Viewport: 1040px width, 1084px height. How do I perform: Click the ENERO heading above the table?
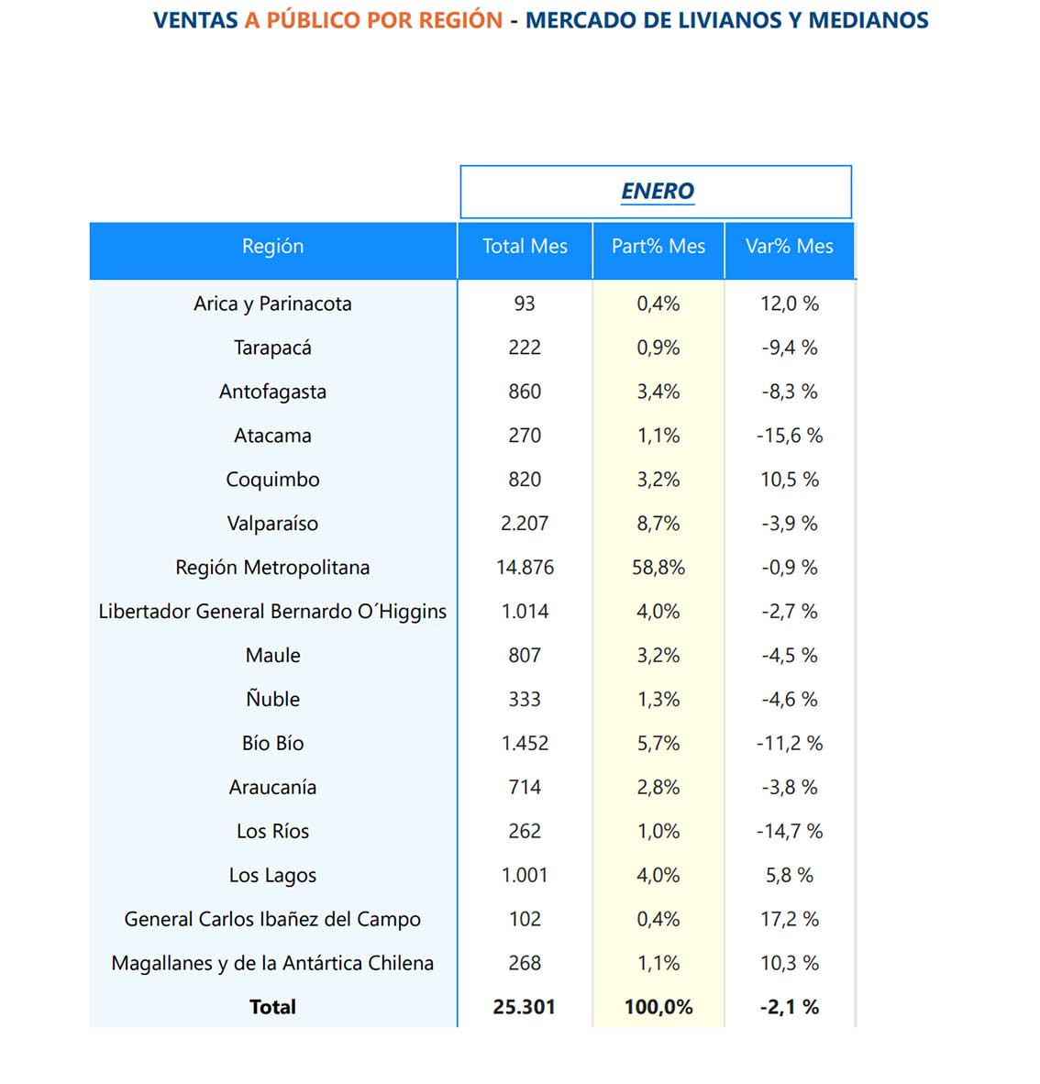pyautogui.click(x=658, y=191)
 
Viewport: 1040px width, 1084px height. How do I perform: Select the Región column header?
pyautogui.click(x=272, y=246)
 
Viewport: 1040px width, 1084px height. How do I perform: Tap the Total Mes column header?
pyautogui.click(x=525, y=246)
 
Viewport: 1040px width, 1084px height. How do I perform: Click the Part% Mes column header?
pyautogui.click(x=658, y=246)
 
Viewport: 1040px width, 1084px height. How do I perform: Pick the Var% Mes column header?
pyautogui.click(x=789, y=246)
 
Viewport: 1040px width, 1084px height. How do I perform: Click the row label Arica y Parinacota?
pyautogui.click(x=272, y=304)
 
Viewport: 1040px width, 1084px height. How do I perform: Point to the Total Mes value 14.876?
pyautogui.click(x=525, y=568)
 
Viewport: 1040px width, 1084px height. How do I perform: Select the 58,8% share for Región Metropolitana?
pyautogui.click(x=658, y=568)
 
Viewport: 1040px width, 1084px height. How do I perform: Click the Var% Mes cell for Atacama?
pyautogui.click(x=789, y=436)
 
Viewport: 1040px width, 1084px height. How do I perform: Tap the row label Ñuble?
pyautogui.click(x=272, y=699)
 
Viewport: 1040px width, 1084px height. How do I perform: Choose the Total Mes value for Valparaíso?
pyautogui.click(x=525, y=524)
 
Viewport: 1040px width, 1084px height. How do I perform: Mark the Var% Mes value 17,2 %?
pyautogui.click(x=789, y=919)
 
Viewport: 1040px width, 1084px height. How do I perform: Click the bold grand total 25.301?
pyautogui.click(x=525, y=1007)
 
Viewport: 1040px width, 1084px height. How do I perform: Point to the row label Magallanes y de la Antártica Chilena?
pyautogui.click(x=272, y=963)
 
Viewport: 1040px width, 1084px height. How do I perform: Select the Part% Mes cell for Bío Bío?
pyautogui.click(x=658, y=743)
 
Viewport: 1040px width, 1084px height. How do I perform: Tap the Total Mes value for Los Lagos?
pyautogui.click(x=525, y=875)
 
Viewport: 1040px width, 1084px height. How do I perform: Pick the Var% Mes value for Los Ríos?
pyautogui.click(x=789, y=831)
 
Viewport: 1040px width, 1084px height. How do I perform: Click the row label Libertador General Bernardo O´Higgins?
pyautogui.click(x=272, y=612)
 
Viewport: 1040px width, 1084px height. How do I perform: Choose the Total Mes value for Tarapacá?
pyautogui.click(x=525, y=348)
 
